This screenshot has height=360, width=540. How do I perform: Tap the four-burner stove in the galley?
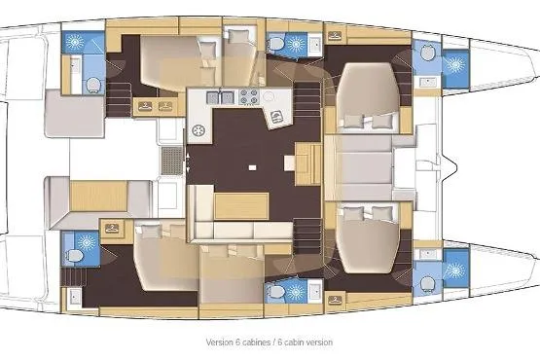[247, 96]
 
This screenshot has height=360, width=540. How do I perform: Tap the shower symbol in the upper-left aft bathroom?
[75, 44]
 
